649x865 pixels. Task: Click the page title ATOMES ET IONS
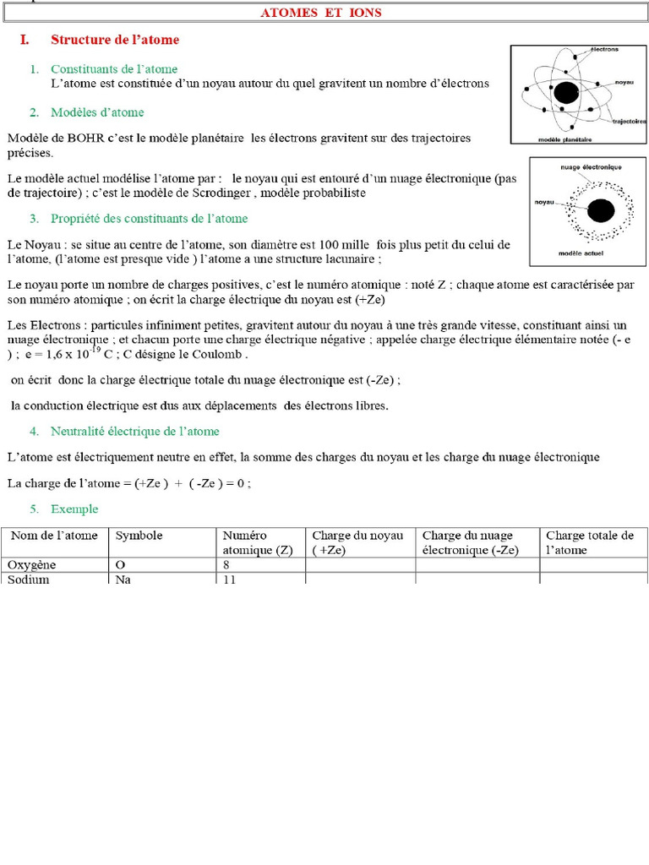coord(320,13)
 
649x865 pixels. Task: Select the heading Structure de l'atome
coord(115,40)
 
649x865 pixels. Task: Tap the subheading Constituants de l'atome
coord(114,69)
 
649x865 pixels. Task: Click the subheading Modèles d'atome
coord(97,112)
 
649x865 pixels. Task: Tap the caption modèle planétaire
coord(564,139)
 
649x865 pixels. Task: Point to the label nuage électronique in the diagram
coord(590,167)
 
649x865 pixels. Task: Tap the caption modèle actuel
coord(586,253)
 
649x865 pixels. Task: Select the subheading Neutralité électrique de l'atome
coord(134,432)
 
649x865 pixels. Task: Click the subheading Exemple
coord(74,509)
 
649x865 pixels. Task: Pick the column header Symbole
coord(139,536)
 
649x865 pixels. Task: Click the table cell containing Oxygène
coord(30,564)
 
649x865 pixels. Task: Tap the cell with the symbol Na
coord(124,579)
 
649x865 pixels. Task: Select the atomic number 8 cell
coord(226,564)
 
